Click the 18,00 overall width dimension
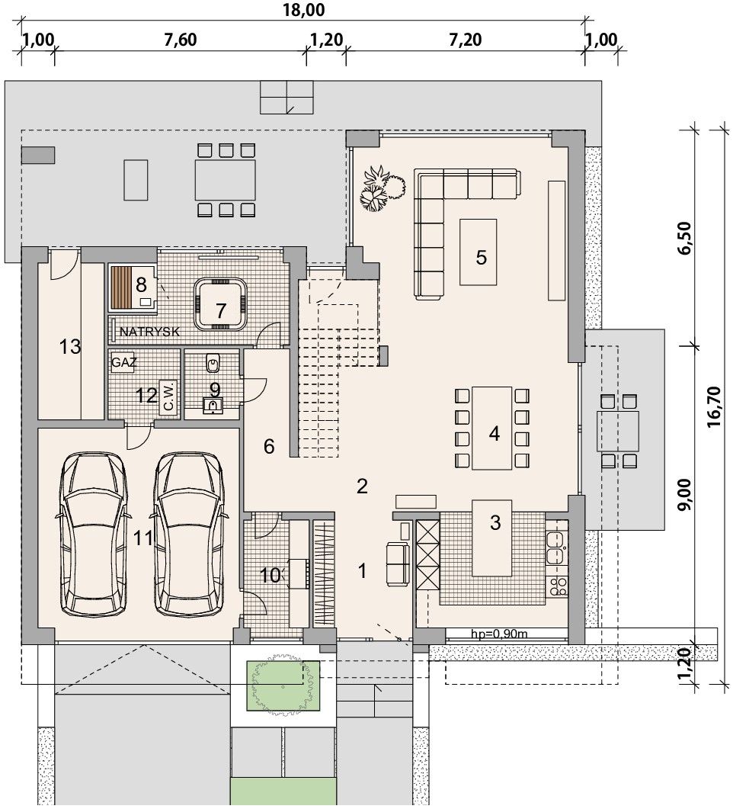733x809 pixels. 303,9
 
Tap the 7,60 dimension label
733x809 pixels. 181,40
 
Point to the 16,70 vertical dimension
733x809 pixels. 715,408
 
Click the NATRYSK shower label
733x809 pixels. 149,332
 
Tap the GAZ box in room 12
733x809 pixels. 123,363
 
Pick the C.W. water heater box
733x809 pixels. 168,396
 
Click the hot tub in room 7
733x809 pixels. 220,304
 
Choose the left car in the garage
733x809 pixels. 94,534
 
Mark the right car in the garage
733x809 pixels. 189,534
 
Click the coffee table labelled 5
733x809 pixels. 479,252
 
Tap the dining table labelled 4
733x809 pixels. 491,428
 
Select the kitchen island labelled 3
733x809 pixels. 492,538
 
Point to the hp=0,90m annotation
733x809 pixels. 499,634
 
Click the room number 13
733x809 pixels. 70,347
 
